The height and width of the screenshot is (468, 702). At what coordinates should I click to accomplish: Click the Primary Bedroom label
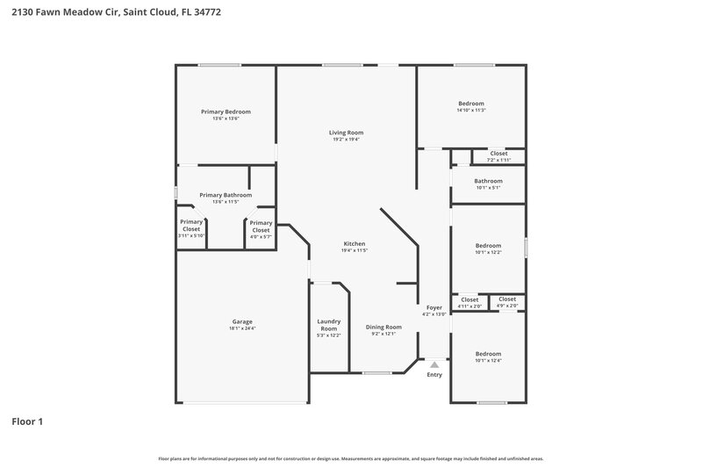(226, 112)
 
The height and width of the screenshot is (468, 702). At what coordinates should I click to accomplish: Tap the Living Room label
(346, 133)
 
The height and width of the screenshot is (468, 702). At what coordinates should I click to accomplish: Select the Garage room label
(241, 322)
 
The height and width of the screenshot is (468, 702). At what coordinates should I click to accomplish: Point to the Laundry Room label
(328, 325)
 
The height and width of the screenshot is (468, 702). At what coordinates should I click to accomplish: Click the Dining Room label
(383, 327)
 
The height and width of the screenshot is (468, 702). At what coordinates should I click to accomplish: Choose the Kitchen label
(354, 243)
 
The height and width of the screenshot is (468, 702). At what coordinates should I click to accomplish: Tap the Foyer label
(434, 307)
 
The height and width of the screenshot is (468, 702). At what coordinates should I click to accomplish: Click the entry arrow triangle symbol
(434, 364)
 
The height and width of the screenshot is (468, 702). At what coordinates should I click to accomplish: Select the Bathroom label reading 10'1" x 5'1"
(489, 181)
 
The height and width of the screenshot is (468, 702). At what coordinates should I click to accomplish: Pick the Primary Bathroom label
(226, 195)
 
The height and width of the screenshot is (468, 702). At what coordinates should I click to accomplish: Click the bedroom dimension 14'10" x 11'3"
(471, 111)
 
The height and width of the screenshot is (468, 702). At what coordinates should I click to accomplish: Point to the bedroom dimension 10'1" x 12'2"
(488, 253)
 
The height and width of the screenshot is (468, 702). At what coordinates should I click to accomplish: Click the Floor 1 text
(27, 421)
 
